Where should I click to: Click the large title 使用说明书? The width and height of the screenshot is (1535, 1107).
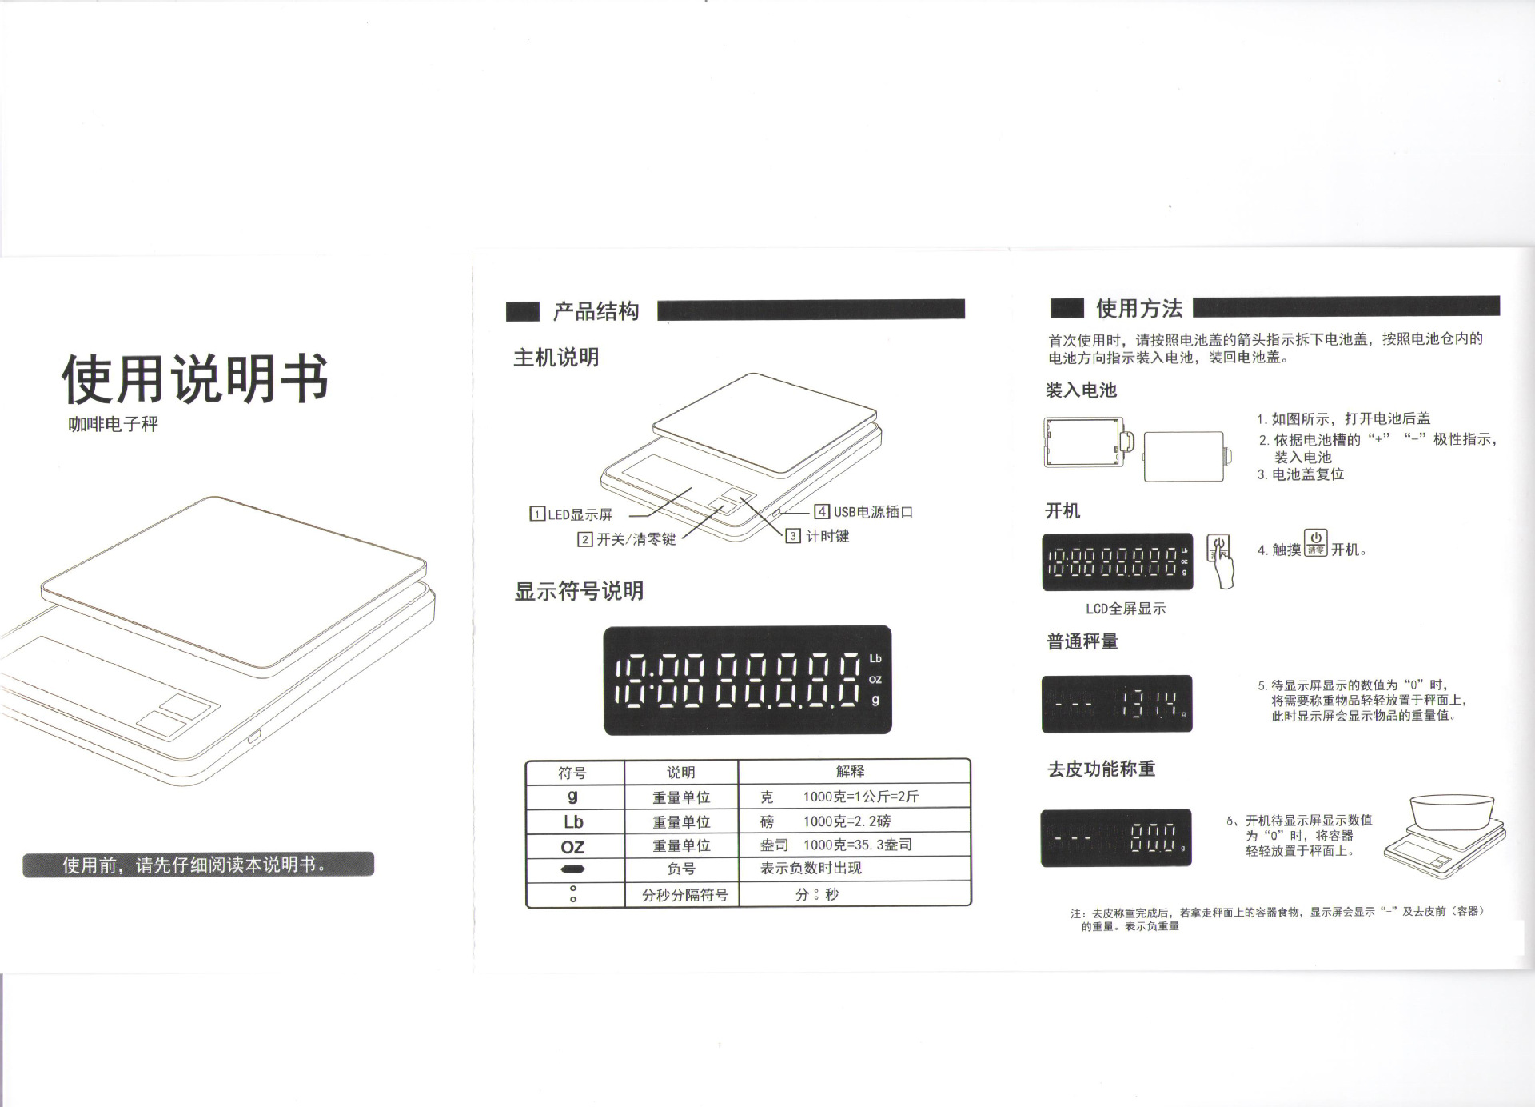click(195, 378)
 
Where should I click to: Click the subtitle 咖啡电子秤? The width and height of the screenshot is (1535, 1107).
click(114, 424)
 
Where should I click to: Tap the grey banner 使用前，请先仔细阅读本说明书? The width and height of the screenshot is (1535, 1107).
click(198, 865)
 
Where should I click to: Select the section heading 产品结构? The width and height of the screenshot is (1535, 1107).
click(596, 311)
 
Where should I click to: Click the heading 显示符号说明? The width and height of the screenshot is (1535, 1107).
click(579, 591)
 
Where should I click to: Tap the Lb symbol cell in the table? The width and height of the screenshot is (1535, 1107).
click(573, 821)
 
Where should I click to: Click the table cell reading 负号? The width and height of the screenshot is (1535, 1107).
click(681, 869)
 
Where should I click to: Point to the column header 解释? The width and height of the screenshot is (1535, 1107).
click(851, 771)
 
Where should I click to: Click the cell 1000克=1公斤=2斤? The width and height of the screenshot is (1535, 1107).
click(861, 797)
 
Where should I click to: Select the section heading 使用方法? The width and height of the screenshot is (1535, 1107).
click(1139, 308)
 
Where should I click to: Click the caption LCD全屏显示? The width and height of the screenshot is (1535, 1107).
click(1126, 609)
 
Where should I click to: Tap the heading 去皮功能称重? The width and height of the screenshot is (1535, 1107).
click(1102, 769)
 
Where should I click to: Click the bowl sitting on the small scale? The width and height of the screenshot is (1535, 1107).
click(1451, 812)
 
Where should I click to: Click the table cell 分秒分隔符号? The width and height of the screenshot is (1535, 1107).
click(684, 895)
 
